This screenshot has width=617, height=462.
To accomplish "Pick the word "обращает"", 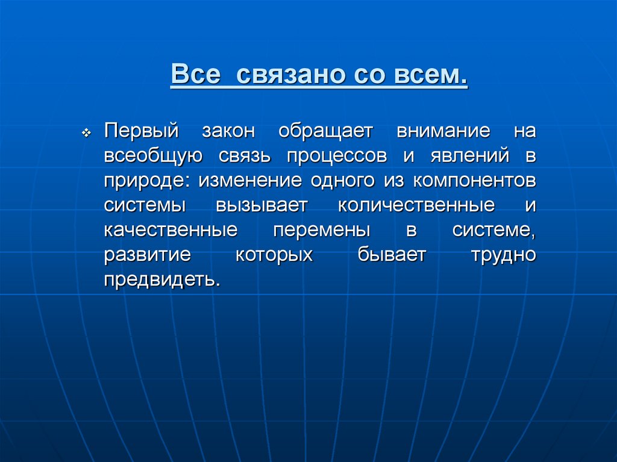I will coord(326,131).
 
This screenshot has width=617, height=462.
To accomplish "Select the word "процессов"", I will coord(337,155).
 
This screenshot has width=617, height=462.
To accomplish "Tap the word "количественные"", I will coord(416,205).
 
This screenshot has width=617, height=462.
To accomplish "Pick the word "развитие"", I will coord(147,254).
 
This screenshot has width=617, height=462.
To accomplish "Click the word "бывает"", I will coord(391,254).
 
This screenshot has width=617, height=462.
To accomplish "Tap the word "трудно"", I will coord(503,254).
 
